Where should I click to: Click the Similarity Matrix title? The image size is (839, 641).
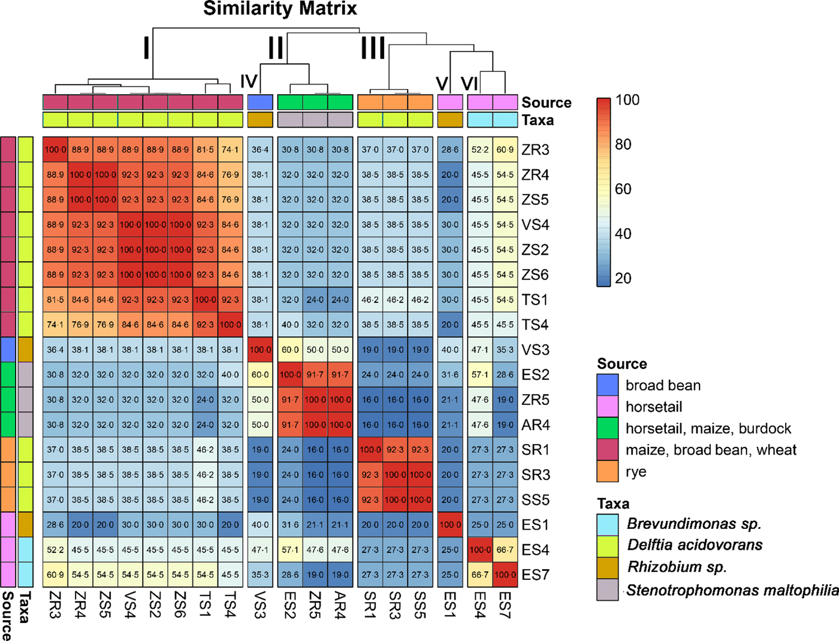coord(280,9)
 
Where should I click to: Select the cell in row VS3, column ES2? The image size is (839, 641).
coord(290,350)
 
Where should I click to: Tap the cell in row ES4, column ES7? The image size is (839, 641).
coord(505,550)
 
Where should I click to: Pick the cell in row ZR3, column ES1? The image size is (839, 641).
coord(449,150)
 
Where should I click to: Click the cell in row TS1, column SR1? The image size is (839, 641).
coord(370,300)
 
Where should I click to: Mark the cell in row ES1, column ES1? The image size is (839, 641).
coord(449,525)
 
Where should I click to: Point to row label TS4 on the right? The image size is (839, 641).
coord(535,325)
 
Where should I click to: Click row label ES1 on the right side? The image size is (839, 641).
coord(535,525)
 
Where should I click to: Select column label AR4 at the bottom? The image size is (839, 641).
coord(340,605)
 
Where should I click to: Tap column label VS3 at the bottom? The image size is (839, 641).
coord(260,605)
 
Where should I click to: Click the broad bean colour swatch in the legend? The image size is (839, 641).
coord(607,385)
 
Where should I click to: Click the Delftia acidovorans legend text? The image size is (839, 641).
coord(695,545)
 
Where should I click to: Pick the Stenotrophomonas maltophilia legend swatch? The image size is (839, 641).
coord(607,590)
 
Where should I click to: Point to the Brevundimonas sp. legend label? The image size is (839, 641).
coord(693,524)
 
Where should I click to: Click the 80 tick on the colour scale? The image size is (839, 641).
coord(623,144)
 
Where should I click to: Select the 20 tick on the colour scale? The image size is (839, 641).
coord(623,278)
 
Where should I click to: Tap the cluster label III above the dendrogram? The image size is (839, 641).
coord(373,48)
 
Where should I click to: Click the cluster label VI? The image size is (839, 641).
coord(469,83)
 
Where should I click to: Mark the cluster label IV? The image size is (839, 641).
coord(249,81)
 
